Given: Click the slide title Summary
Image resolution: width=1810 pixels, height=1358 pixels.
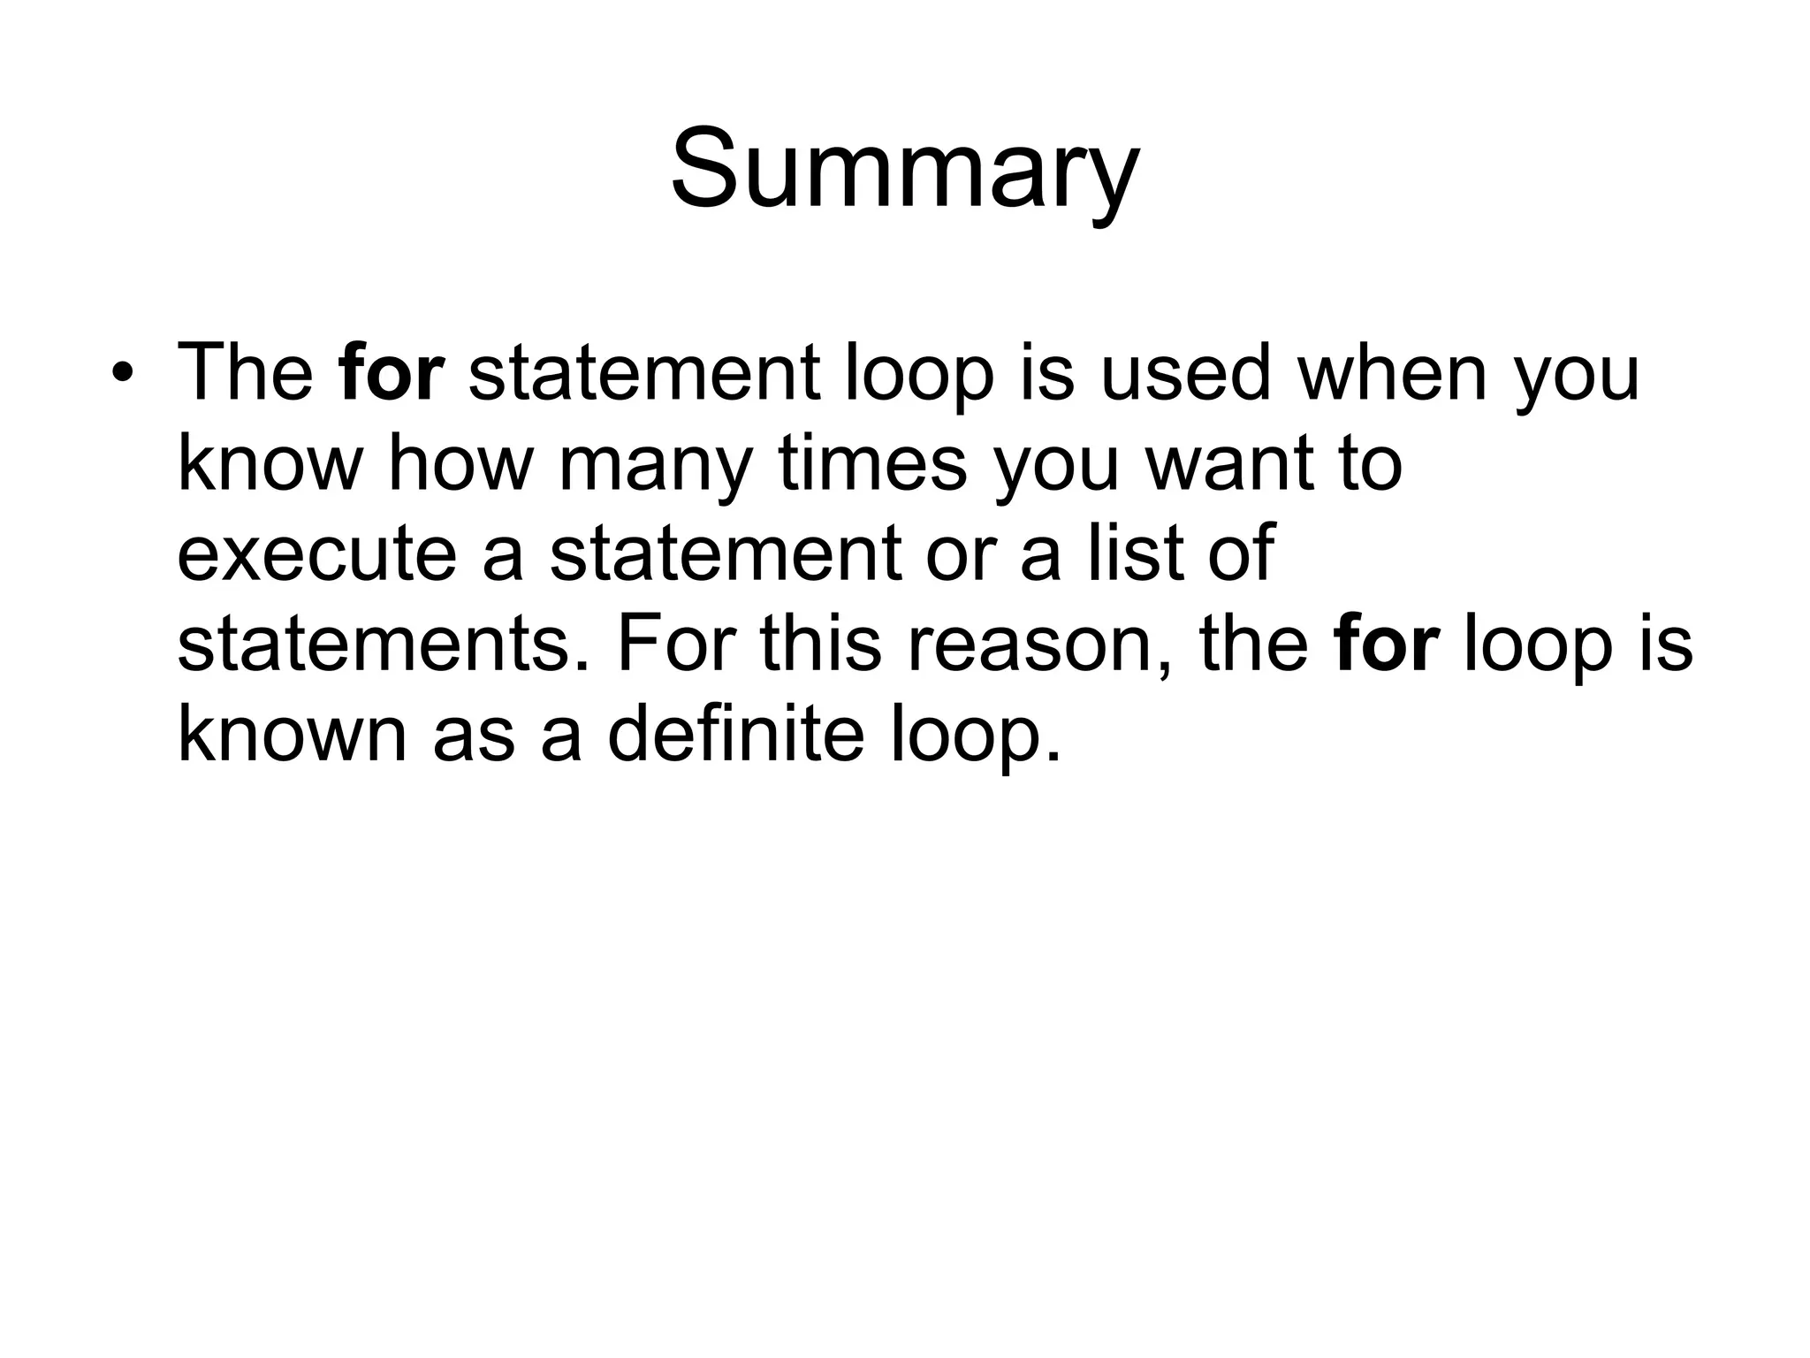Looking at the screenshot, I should [x=905, y=170].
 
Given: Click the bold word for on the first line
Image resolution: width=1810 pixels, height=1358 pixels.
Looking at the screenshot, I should [x=391, y=372].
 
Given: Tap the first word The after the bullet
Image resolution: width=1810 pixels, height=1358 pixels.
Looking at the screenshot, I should [x=245, y=372].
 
